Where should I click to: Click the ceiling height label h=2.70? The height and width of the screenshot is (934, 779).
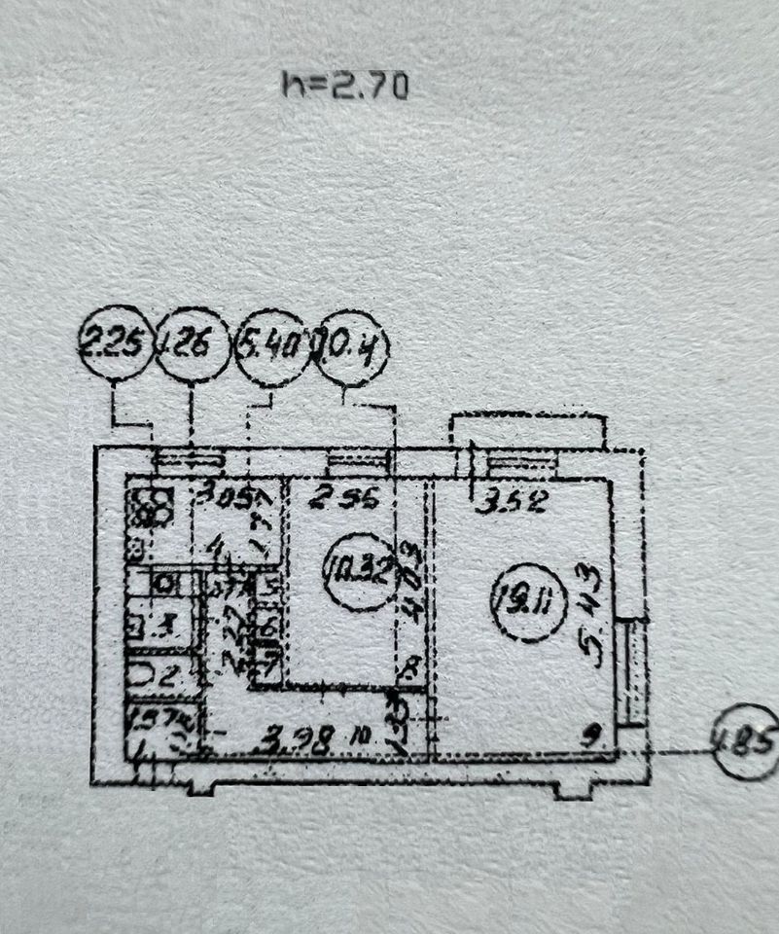345,87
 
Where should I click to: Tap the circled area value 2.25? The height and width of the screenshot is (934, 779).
115,345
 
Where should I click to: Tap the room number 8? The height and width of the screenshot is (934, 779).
406,668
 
